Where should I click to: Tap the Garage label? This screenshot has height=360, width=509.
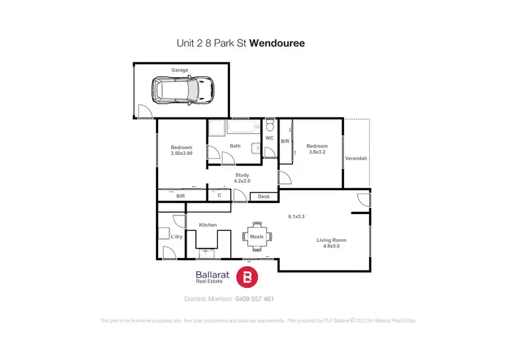click(x=180, y=70)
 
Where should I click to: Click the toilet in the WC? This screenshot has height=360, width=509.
click(x=269, y=126)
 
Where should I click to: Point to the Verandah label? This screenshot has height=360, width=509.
click(x=356, y=158)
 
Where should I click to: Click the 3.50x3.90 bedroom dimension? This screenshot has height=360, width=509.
click(x=181, y=154)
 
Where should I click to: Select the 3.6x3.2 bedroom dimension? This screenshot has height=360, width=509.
click(x=317, y=152)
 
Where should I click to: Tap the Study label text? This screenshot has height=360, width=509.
click(x=242, y=175)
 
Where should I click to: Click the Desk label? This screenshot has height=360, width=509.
click(x=264, y=197)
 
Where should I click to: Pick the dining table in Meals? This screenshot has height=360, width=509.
click(x=257, y=236)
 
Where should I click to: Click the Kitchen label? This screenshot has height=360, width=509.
click(x=208, y=224)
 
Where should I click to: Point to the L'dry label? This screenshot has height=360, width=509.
click(x=176, y=236)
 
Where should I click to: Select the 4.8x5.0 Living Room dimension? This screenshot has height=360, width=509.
click(x=332, y=247)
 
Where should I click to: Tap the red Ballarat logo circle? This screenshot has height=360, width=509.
click(x=248, y=276)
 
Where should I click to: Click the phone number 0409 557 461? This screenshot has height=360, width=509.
click(x=254, y=299)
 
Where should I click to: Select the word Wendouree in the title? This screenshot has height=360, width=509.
click(x=277, y=43)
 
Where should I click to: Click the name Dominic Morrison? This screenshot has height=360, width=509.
click(x=208, y=299)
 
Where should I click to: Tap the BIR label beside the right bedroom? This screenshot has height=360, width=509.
click(x=285, y=141)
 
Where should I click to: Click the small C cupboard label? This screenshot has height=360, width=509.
click(x=219, y=196)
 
